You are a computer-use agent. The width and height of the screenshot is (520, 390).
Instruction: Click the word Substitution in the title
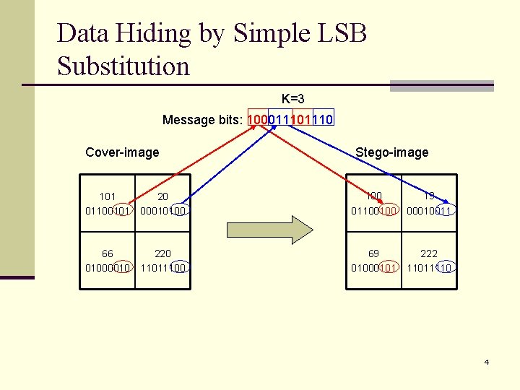pos(123,66)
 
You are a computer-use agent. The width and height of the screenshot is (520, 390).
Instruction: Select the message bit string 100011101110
pos(290,120)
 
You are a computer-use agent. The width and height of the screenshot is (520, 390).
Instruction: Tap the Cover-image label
pos(122,152)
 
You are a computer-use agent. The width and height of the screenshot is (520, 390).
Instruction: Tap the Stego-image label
pos(391,152)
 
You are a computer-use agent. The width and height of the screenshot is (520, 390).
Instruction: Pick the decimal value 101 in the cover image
pos(108,196)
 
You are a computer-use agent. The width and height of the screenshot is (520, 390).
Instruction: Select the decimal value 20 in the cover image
pos(163,196)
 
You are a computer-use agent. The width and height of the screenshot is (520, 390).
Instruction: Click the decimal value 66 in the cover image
pos(108,253)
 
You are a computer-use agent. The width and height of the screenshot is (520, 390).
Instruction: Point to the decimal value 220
pos(163,253)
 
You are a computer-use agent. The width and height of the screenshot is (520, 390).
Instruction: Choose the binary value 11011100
pos(164,268)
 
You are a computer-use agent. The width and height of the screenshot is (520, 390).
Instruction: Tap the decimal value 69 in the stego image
pos(373,253)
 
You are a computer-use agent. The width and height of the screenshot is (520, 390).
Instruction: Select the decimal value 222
pos(429,253)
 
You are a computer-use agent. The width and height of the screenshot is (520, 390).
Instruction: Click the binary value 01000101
pos(373,268)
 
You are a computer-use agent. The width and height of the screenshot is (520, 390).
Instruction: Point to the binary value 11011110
pos(430,268)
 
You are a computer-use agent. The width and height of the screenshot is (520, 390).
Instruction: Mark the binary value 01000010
pos(108,268)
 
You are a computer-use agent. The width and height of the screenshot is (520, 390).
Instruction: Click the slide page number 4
pos(487,362)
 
